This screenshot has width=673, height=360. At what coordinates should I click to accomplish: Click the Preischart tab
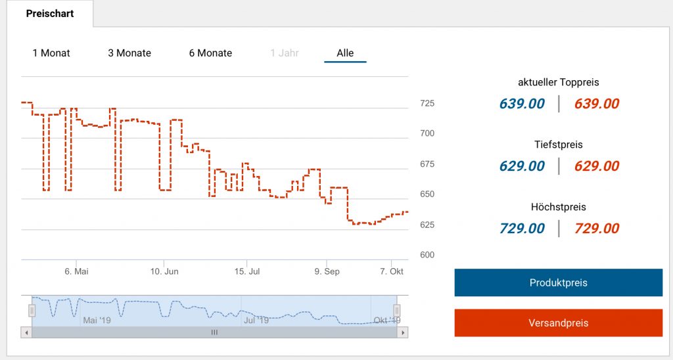click(50, 13)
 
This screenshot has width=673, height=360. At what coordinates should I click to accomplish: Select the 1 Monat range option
click(51, 53)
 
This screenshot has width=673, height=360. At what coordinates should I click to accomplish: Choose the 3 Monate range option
click(129, 53)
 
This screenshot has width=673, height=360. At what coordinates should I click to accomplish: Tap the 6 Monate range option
click(210, 53)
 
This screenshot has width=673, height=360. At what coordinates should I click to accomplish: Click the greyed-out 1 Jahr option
click(285, 53)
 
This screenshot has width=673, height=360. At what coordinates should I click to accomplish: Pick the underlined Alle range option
click(345, 53)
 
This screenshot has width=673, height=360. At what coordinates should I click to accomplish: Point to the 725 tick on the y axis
click(427, 104)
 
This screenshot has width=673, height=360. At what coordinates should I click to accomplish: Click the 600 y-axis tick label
click(427, 255)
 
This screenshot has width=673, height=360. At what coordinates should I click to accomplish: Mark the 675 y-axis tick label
click(427, 164)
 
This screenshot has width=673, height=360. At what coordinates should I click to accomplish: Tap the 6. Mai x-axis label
click(76, 271)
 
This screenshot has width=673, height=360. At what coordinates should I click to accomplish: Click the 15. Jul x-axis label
click(247, 271)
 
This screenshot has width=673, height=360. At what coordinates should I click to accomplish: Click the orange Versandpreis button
click(558, 323)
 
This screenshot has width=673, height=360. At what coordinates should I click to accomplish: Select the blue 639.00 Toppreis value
click(522, 104)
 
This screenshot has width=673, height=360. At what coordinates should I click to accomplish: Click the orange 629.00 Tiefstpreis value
click(597, 166)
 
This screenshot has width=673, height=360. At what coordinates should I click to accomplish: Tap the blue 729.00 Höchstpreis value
click(522, 229)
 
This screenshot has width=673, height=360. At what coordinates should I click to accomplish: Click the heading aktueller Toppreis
click(559, 83)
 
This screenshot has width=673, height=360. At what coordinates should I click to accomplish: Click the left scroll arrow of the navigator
click(26, 333)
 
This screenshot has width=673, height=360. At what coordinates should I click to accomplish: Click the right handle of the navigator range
click(397, 311)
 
